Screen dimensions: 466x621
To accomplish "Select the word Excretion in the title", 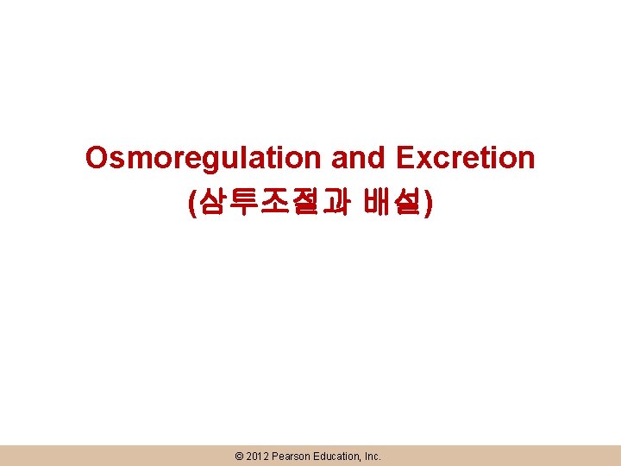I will tap(466, 159).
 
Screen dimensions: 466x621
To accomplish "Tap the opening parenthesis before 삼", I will tap(191, 204).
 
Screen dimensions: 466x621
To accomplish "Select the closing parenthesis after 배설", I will tap(429, 204).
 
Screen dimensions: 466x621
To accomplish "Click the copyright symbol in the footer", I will tap(239, 456).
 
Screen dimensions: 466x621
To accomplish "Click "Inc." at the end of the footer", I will tap(372, 456).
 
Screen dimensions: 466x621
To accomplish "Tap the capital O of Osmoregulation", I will tap(97, 159).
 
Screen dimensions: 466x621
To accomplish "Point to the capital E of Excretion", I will tap(405, 159).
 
